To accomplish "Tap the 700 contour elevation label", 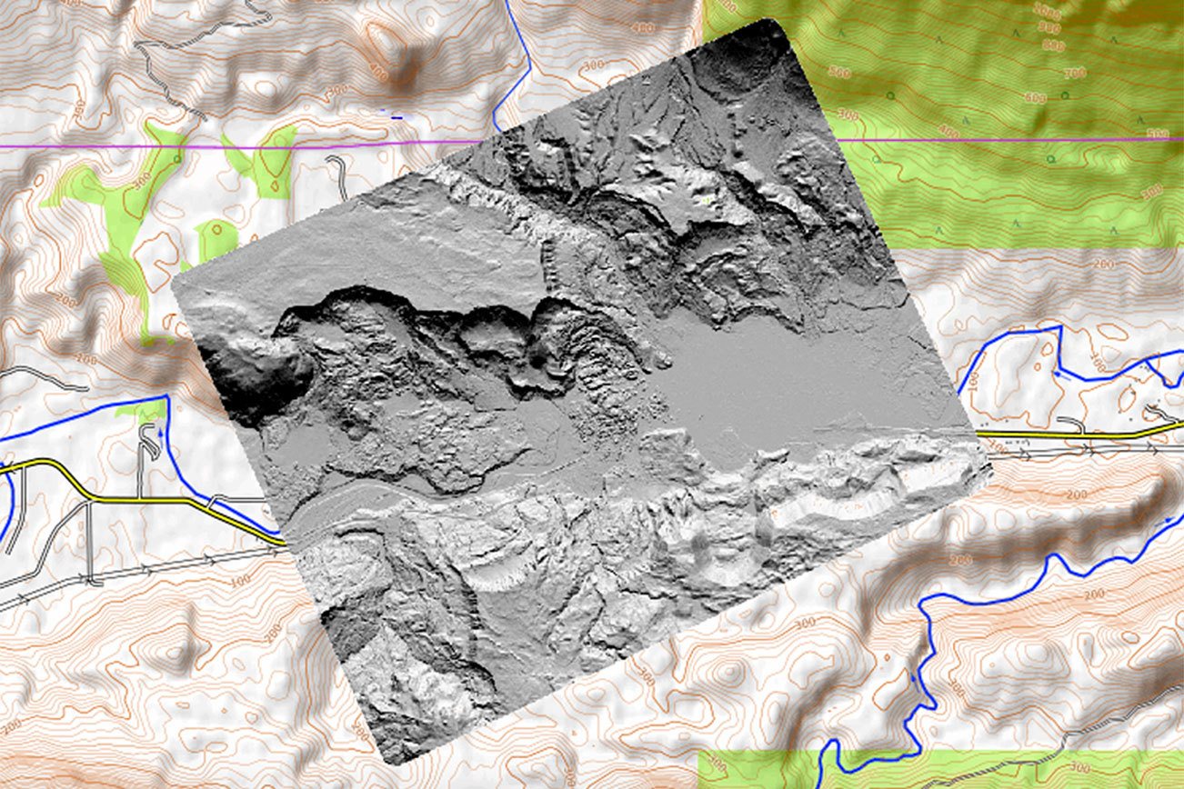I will point(1074,72).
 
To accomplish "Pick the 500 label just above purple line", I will point(1157,135).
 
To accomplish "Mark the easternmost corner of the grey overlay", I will point(987,464).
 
